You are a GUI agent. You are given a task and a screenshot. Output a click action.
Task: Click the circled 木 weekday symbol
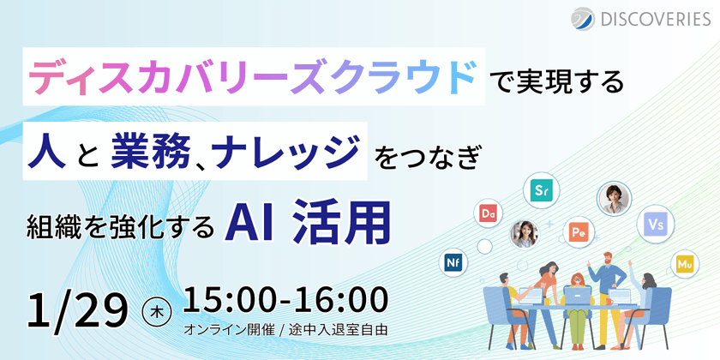tap(154, 309)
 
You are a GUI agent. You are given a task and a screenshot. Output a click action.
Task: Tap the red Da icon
tap(490, 212)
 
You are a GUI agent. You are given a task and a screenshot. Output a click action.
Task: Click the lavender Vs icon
tap(656, 224)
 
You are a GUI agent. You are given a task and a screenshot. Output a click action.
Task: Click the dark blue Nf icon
tap(453, 261)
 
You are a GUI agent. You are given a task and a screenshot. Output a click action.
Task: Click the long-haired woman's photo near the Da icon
tap(524, 232)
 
